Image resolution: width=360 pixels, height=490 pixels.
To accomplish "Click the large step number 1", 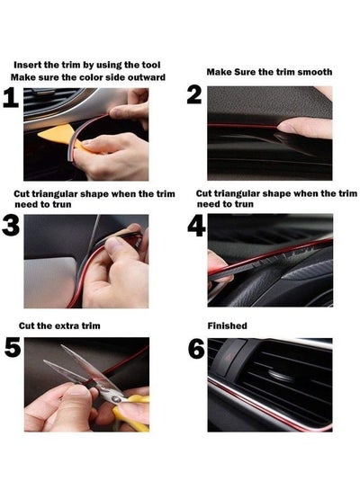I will (x=11, y=100).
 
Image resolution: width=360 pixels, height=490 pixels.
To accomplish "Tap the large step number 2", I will (x=194, y=96).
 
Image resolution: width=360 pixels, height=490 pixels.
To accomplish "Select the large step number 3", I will (x=11, y=225).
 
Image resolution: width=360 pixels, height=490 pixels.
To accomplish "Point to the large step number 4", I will (x=196, y=225).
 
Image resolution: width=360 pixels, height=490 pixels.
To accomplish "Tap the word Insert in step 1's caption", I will (x=30, y=66).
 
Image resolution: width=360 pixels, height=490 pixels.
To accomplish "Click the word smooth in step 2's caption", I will (x=315, y=71).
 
